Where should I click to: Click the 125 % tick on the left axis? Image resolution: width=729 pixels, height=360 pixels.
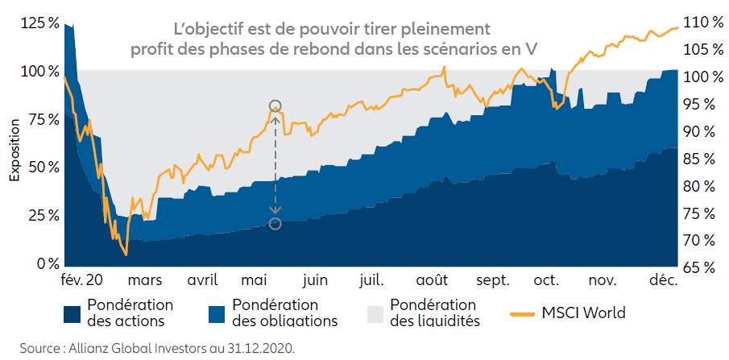pos(39,23)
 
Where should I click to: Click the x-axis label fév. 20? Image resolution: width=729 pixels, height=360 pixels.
pos(82,281)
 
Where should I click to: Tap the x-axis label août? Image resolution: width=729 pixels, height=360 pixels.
pos(433,281)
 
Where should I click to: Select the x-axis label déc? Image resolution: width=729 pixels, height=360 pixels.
pos(665,281)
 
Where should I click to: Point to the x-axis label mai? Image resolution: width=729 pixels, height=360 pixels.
pos(255,281)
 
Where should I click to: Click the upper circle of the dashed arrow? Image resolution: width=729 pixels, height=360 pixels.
pos(275,106)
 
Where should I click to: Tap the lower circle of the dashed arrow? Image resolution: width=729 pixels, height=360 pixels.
pos(275,223)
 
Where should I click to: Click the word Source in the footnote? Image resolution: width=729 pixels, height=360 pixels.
pos(25,349)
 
